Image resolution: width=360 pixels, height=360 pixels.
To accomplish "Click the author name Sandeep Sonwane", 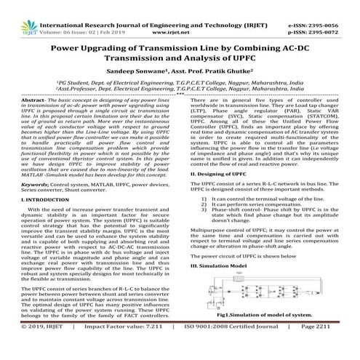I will tap(145, 73).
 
